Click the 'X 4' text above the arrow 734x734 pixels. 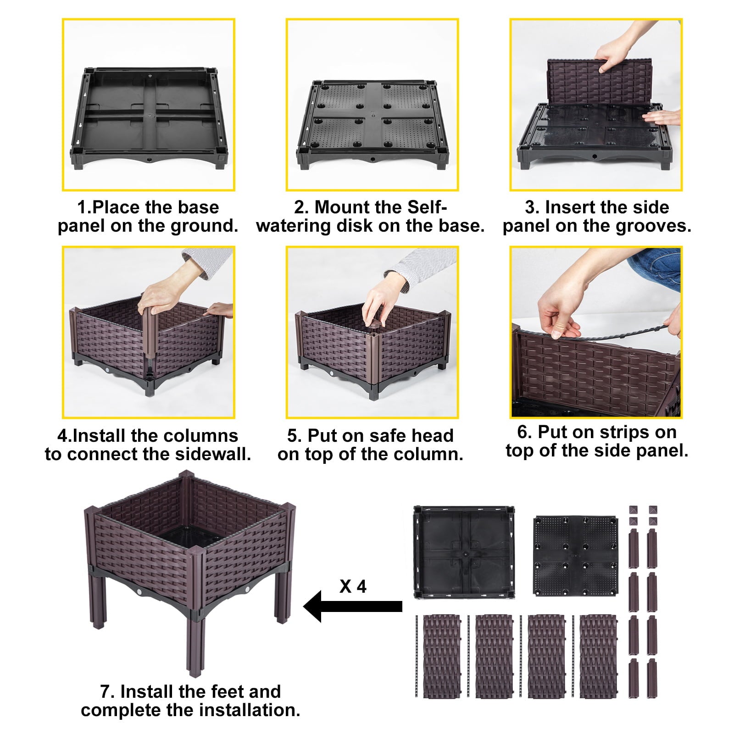353,587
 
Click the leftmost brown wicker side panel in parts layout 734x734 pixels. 441,656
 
